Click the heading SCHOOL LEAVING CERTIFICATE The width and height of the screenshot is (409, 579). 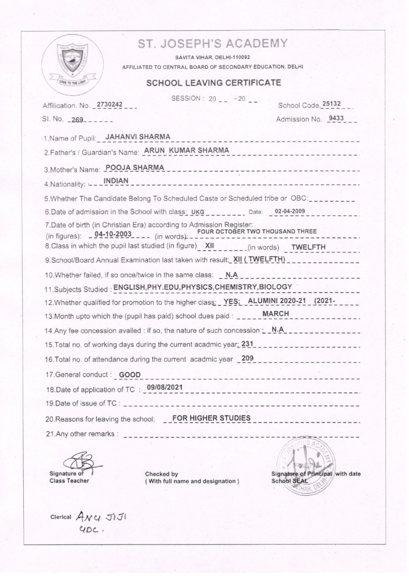(214, 83)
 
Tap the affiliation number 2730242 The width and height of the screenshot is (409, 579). (110, 104)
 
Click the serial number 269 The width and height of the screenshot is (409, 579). (77, 120)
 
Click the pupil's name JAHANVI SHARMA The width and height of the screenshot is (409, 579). (138, 136)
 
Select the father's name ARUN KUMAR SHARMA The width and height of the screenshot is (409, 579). (187, 150)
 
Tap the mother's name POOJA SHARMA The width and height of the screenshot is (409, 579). (135, 167)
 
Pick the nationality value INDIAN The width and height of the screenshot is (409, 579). (116, 181)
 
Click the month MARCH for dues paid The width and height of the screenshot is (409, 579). (275, 313)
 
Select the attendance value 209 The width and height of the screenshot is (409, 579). (247, 359)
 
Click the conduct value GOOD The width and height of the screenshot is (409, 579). (130, 375)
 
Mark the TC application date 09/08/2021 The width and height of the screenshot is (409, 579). (164, 387)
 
